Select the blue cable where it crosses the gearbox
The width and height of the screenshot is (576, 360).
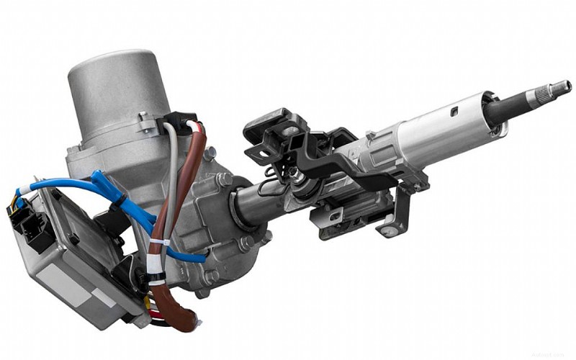(x=191, y=256)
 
